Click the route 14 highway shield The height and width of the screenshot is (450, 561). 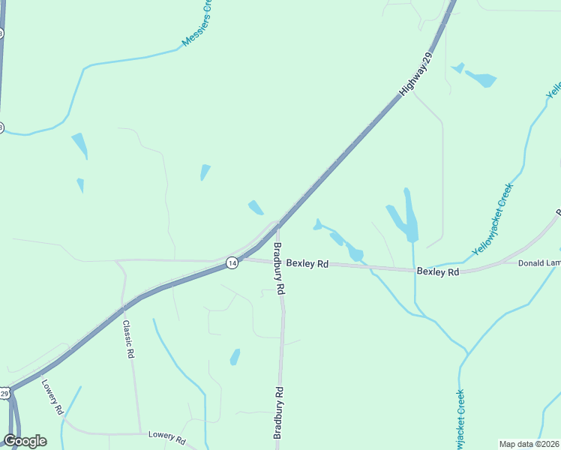click(x=232, y=262)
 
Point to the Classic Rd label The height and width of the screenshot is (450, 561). click(x=128, y=339)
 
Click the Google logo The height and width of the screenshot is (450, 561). click(x=25, y=441)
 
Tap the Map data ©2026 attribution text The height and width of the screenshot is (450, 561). click(x=529, y=444)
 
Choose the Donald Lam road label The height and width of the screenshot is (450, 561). click(x=539, y=263)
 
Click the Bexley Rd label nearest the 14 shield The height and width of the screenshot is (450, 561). click(x=307, y=264)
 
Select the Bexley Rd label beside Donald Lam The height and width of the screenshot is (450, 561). click(x=438, y=272)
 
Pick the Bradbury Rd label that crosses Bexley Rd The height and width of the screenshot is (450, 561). click(x=278, y=268)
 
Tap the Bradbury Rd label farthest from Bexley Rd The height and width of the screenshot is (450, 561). click(x=277, y=412)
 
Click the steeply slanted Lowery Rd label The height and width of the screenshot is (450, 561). click(x=52, y=397)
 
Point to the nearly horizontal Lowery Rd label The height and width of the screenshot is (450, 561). click(x=166, y=436)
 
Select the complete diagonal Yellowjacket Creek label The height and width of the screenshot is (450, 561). click(x=492, y=218)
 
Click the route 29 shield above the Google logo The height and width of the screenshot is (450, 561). click(x=4, y=393)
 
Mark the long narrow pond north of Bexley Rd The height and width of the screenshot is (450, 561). click(x=409, y=215)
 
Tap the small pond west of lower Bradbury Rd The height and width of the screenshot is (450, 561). click(x=235, y=357)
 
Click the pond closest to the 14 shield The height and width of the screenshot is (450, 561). click(x=256, y=207)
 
